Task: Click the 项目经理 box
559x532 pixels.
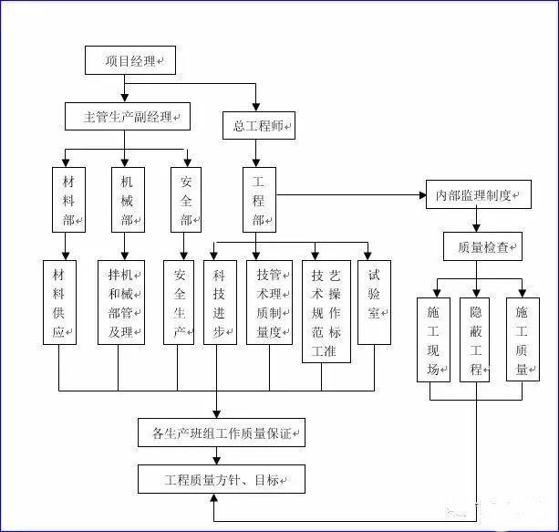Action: (x=129, y=60)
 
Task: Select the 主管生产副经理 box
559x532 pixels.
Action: (x=127, y=117)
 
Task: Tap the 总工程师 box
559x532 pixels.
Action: (x=258, y=126)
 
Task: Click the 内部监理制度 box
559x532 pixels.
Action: (x=479, y=194)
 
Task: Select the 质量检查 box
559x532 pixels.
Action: (x=483, y=245)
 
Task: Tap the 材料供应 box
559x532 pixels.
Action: (x=59, y=302)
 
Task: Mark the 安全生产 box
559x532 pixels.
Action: (x=179, y=302)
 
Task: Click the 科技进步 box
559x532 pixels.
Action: (x=219, y=302)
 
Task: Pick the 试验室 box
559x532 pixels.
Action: (x=374, y=302)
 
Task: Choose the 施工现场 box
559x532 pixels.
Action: (x=433, y=339)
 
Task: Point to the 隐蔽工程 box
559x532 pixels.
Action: (x=475, y=339)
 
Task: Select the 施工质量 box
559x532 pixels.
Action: (x=522, y=339)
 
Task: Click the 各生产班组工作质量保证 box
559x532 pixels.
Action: (x=222, y=433)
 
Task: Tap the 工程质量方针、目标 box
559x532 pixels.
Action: (x=222, y=478)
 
